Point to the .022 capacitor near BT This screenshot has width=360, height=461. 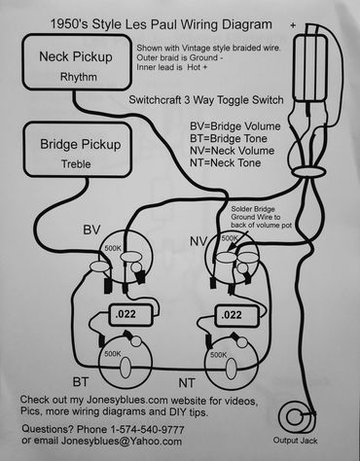point(126,315)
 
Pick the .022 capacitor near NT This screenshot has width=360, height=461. point(232,315)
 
